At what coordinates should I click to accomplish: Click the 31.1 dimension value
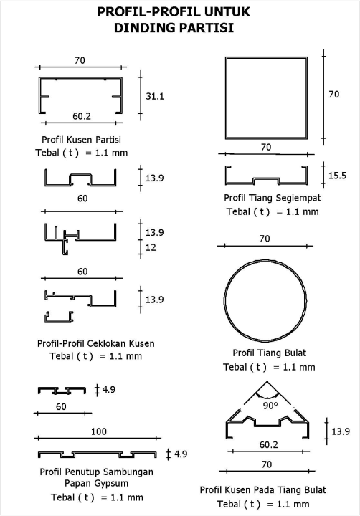click(x=155, y=97)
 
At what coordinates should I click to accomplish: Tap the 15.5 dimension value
click(x=337, y=176)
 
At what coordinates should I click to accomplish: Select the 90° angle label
click(x=270, y=406)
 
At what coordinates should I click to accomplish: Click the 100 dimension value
click(x=99, y=431)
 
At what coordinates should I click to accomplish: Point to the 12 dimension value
click(x=151, y=247)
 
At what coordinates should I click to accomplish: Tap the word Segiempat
click(x=298, y=198)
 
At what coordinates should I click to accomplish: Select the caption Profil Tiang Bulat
click(x=270, y=353)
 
